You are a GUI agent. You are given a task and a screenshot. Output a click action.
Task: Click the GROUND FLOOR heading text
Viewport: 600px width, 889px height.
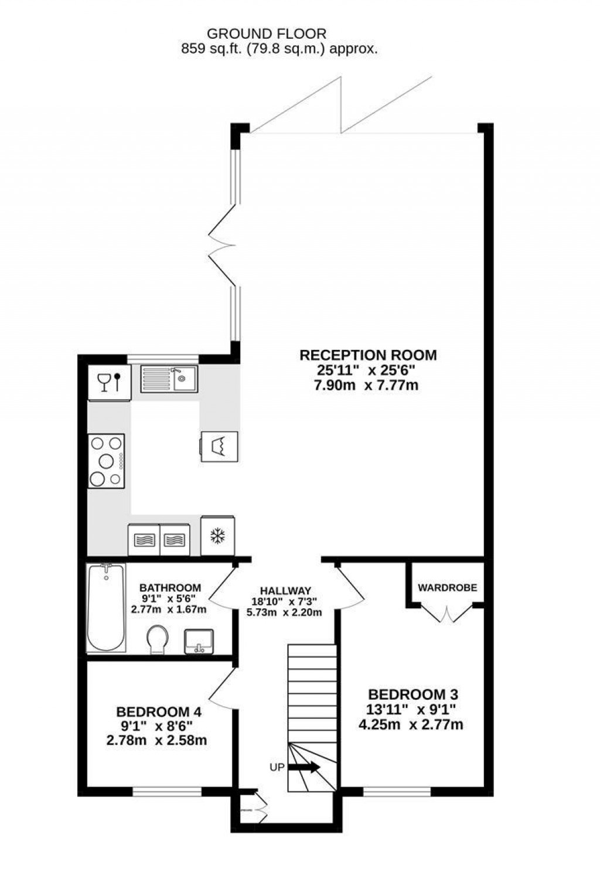coord(267,34)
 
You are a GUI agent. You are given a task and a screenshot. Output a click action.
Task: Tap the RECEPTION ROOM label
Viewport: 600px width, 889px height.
coord(368,355)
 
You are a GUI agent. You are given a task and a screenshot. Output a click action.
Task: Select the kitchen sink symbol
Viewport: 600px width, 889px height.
coord(169,379)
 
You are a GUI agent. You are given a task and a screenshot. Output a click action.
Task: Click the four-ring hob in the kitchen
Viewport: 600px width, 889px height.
coord(106,461)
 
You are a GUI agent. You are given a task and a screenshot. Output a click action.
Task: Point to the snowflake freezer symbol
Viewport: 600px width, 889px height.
coord(218,536)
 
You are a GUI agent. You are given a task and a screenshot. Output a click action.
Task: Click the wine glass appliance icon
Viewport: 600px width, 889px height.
coord(109,383)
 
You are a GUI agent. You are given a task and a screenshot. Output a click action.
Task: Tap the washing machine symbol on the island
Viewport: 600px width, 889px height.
coord(220,447)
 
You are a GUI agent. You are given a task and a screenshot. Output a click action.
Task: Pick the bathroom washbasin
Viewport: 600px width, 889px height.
coord(199,641)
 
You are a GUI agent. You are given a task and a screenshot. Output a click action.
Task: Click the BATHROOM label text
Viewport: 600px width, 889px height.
coord(170,588)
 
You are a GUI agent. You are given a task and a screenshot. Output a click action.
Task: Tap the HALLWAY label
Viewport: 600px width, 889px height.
coord(285,591)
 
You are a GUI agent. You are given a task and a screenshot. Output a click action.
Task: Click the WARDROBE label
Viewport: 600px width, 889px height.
coord(447,587)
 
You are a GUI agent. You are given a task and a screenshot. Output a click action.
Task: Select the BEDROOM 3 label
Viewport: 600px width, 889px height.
coord(412,694)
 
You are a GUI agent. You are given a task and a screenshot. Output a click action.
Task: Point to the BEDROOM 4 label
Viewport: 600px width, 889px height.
coord(159,712)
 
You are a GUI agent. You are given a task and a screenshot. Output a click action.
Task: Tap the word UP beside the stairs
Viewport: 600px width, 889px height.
coord(277,767)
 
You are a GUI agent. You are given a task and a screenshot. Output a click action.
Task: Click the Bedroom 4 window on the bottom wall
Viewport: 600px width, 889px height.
coord(167,792)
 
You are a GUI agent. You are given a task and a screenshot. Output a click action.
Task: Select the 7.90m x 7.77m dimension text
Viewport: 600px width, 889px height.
coord(368,386)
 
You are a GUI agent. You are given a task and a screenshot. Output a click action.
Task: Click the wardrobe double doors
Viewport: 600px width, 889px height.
coord(446,614)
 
